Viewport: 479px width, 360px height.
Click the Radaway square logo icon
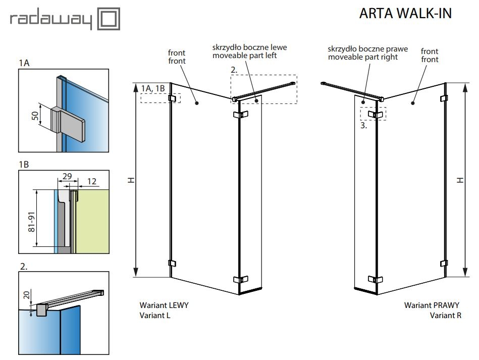click(109, 19)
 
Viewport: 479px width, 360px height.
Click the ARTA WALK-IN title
click(405, 14)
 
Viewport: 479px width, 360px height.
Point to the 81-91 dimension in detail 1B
click(32, 222)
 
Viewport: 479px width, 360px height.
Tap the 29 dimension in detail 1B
click(67, 176)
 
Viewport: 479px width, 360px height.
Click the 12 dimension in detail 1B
click(92, 182)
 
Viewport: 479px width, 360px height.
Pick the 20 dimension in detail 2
click(27, 295)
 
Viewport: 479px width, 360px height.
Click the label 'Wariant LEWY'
click(164, 305)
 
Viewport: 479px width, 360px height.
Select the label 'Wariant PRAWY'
click(432, 305)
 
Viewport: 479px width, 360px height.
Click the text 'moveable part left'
click(244, 56)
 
